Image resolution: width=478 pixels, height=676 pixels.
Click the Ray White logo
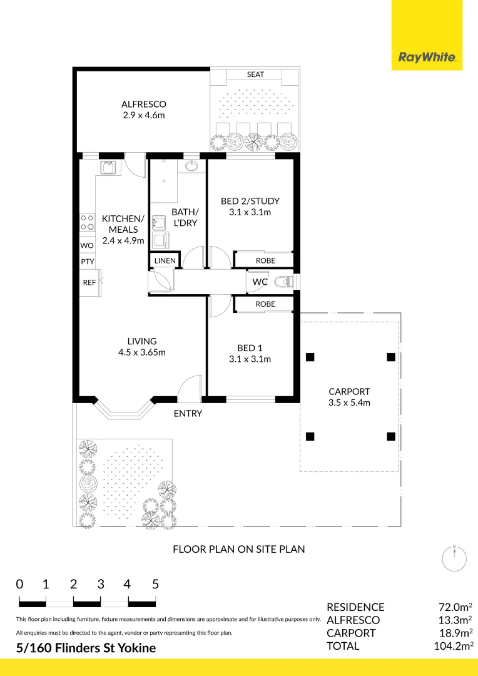[427, 58]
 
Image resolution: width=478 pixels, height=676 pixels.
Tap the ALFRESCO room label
[143, 104]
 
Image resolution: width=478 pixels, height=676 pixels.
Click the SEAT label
[255, 74]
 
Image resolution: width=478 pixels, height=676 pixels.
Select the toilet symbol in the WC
[284, 282]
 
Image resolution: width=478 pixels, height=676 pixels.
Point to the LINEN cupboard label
[165, 261]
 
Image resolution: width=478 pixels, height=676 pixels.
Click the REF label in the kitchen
[89, 283]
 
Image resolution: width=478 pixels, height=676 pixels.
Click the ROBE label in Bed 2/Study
[265, 260]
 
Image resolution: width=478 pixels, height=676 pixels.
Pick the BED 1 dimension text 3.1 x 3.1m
[250, 359]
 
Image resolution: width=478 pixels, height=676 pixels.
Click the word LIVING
[142, 341]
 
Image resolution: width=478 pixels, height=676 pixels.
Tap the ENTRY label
[188, 414]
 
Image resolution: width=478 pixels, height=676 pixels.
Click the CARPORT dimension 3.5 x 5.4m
[349, 402]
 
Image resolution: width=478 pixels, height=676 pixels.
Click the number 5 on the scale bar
[156, 584]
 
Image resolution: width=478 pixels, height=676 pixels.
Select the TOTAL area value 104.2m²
[452, 646]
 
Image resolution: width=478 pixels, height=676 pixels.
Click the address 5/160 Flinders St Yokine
[86, 648]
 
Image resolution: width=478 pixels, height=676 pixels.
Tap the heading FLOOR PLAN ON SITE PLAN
[239, 550]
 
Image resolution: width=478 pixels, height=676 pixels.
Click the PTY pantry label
[88, 262]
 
